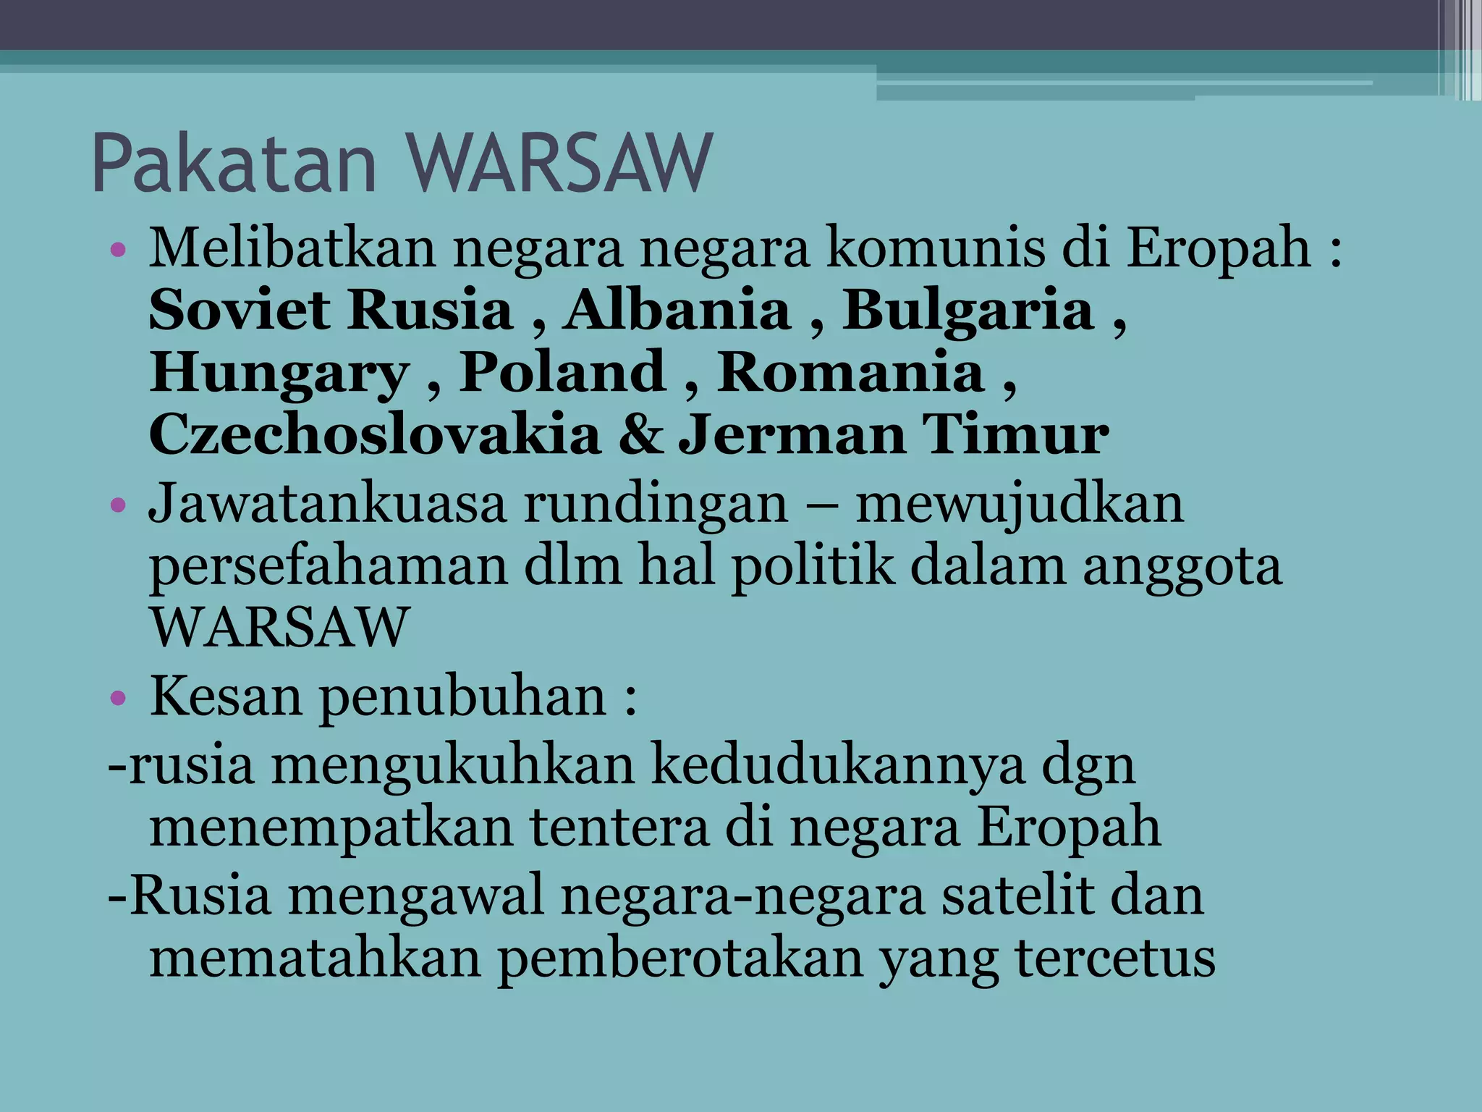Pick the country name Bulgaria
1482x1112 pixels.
click(968, 311)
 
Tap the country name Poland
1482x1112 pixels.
click(563, 372)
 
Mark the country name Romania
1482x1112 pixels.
click(851, 372)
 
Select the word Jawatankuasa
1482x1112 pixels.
click(327, 503)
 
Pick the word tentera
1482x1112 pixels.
click(619, 827)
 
